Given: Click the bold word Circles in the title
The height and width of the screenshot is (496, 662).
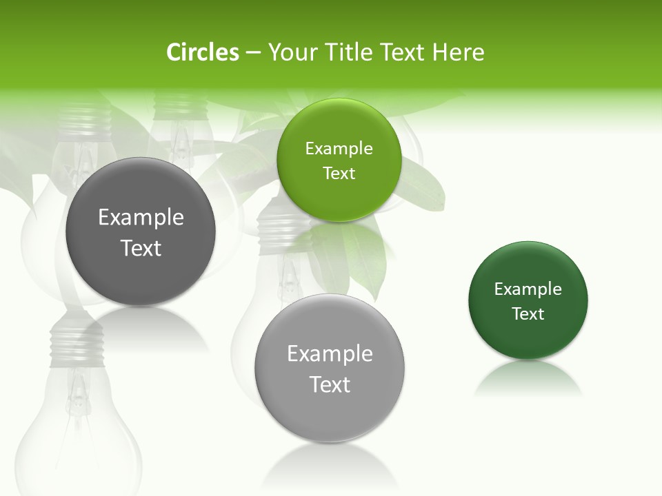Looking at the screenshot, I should pos(203,52).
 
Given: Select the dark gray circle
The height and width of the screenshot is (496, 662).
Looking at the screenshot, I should pos(141,231).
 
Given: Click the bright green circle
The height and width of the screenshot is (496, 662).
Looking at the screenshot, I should pos(339,160).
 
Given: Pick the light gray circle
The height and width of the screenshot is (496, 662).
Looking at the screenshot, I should pos(330,368).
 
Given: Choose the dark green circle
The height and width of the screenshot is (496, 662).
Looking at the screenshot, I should pos(528,300).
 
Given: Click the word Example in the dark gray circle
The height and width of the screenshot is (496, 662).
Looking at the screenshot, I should pos(141,218).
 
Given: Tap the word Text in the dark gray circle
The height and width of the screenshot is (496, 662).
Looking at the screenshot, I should pos(141,248).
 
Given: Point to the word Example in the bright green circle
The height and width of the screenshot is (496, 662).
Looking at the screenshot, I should pos(339,148).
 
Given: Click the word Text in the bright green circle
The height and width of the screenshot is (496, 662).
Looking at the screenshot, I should pos(339,173).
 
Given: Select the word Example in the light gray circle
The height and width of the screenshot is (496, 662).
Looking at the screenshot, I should pos(330,354).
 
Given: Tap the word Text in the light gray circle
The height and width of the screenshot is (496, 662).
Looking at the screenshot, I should pos(330,384).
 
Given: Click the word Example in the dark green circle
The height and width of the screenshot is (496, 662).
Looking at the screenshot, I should pos(528,289).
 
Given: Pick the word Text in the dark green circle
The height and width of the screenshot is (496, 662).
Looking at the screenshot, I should pos(528,314).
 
